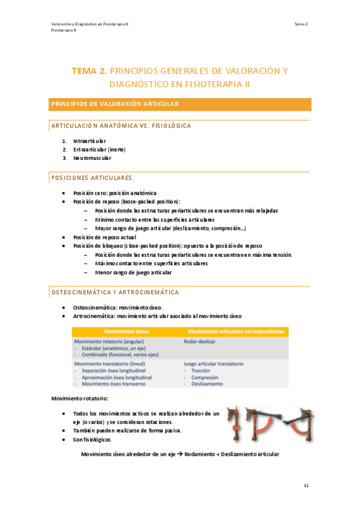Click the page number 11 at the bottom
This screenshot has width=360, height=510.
point(306,484)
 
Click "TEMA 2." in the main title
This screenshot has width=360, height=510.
point(90,71)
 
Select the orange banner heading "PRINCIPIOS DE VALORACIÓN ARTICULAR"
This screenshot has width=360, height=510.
point(115,104)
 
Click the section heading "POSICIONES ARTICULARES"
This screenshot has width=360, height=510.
point(91,178)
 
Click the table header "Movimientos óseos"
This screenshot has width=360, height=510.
point(123,331)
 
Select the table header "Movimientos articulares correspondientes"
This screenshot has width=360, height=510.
point(236,331)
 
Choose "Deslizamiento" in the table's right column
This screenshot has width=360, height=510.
point(207,383)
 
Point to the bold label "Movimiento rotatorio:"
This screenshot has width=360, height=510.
point(79,399)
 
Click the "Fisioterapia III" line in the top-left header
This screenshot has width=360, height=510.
point(63,30)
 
